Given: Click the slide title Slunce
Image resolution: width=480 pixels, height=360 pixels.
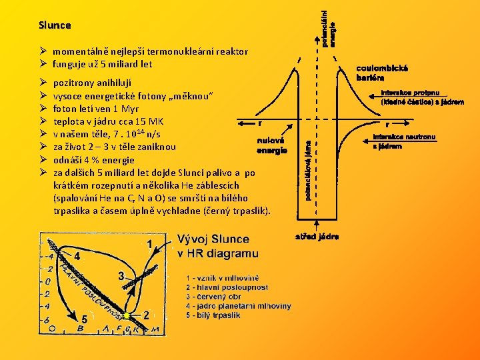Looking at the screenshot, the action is tap(55, 25).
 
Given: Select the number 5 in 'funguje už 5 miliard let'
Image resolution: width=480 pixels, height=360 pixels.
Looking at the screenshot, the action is tap(103, 65).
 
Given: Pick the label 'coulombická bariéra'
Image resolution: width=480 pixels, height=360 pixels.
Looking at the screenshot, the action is tap(382, 73).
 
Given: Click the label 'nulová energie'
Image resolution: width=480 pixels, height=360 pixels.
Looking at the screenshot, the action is tap(273, 145).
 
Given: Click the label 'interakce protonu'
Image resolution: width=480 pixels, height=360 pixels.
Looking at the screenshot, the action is tap(410, 93).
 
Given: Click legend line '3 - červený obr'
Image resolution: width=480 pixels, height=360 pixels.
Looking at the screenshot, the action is tap(213, 297).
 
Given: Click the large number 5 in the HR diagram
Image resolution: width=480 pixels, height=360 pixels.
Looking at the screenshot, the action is tap(85, 319).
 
